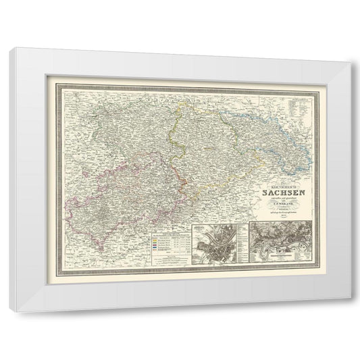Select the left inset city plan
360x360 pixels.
tap(217, 242)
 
